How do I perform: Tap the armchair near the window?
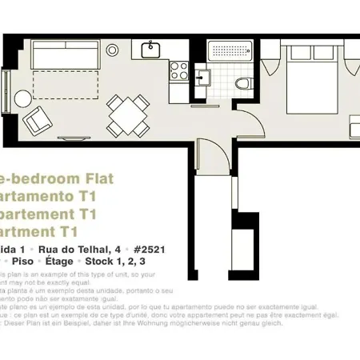click(x=36, y=122)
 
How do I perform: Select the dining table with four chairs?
click(x=128, y=114)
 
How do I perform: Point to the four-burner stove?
click(x=179, y=70)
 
